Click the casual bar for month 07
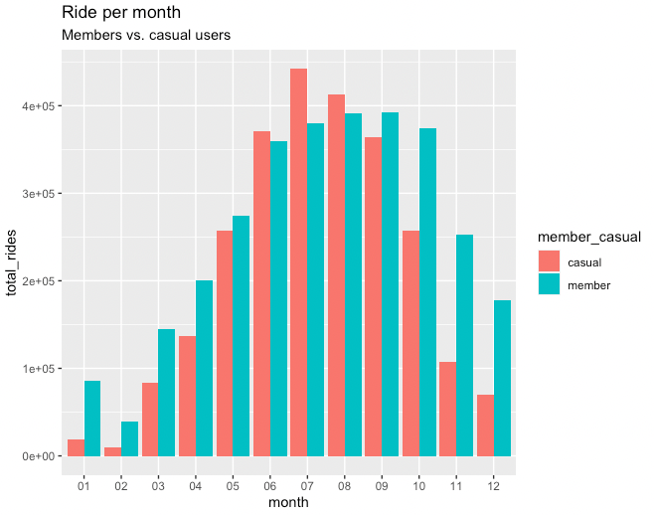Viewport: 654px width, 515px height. click(299, 262)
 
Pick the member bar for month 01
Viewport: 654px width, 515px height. click(92, 419)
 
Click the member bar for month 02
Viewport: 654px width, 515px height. click(129, 438)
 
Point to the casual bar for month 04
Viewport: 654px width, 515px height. click(187, 396)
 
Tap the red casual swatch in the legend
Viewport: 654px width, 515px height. click(549, 261)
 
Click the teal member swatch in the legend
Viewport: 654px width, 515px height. click(549, 284)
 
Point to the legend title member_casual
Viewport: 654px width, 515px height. click(588, 237)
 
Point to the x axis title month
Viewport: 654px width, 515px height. click(288, 502)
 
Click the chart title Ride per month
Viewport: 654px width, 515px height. click(120, 13)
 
